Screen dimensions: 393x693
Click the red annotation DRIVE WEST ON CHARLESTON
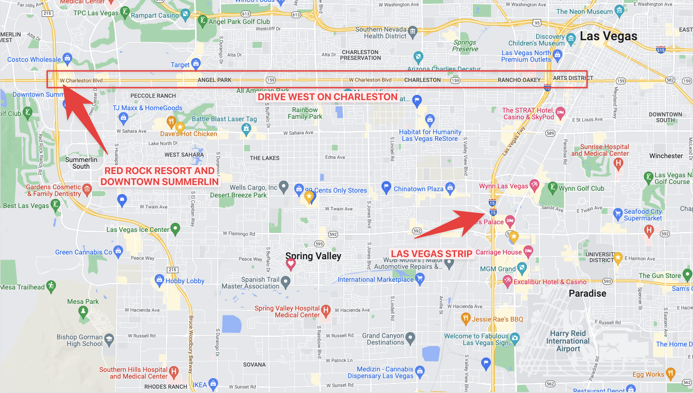tap(328, 97)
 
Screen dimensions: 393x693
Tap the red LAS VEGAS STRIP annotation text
tap(432, 254)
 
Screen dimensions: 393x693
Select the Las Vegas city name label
tap(608, 36)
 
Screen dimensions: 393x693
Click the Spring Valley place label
tap(313, 256)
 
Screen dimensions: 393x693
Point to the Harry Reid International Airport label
tap(568, 341)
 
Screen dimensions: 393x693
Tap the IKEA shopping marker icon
tap(213, 384)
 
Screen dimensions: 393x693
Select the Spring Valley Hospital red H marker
tap(326, 311)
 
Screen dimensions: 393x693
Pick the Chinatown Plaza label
tap(418, 189)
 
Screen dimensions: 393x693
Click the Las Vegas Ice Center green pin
tap(176, 229)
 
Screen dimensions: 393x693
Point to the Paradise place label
tap(587, 293)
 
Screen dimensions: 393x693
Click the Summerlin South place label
tap(81, 163)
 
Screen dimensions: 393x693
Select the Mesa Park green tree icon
tap(84, 312)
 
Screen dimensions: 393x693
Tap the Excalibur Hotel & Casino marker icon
tap(508, 282)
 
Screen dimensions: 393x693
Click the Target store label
tap(180, 65)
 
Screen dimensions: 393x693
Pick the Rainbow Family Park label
tap(305, 113)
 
